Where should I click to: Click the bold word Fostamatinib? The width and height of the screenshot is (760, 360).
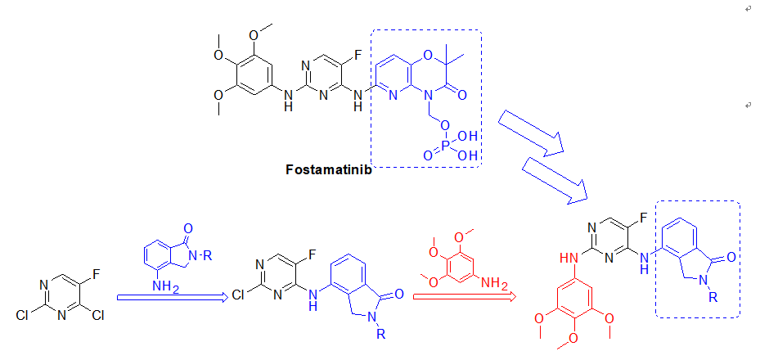point(329,169)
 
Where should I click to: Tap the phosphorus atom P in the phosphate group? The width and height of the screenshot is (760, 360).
point(446,146)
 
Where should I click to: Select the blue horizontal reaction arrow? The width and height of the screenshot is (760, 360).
point(173,298)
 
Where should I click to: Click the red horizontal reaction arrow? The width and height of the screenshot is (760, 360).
point(463,297)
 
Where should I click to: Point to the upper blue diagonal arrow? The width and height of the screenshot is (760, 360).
point(531,133)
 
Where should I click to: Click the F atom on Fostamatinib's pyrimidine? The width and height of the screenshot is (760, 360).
point(358,56)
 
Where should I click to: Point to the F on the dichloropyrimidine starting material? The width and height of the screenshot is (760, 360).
point(96,274)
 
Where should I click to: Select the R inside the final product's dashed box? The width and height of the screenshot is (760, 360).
point(713,298)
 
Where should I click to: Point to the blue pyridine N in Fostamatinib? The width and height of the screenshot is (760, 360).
point(393,95)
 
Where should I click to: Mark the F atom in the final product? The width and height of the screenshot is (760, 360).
point(643,218)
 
